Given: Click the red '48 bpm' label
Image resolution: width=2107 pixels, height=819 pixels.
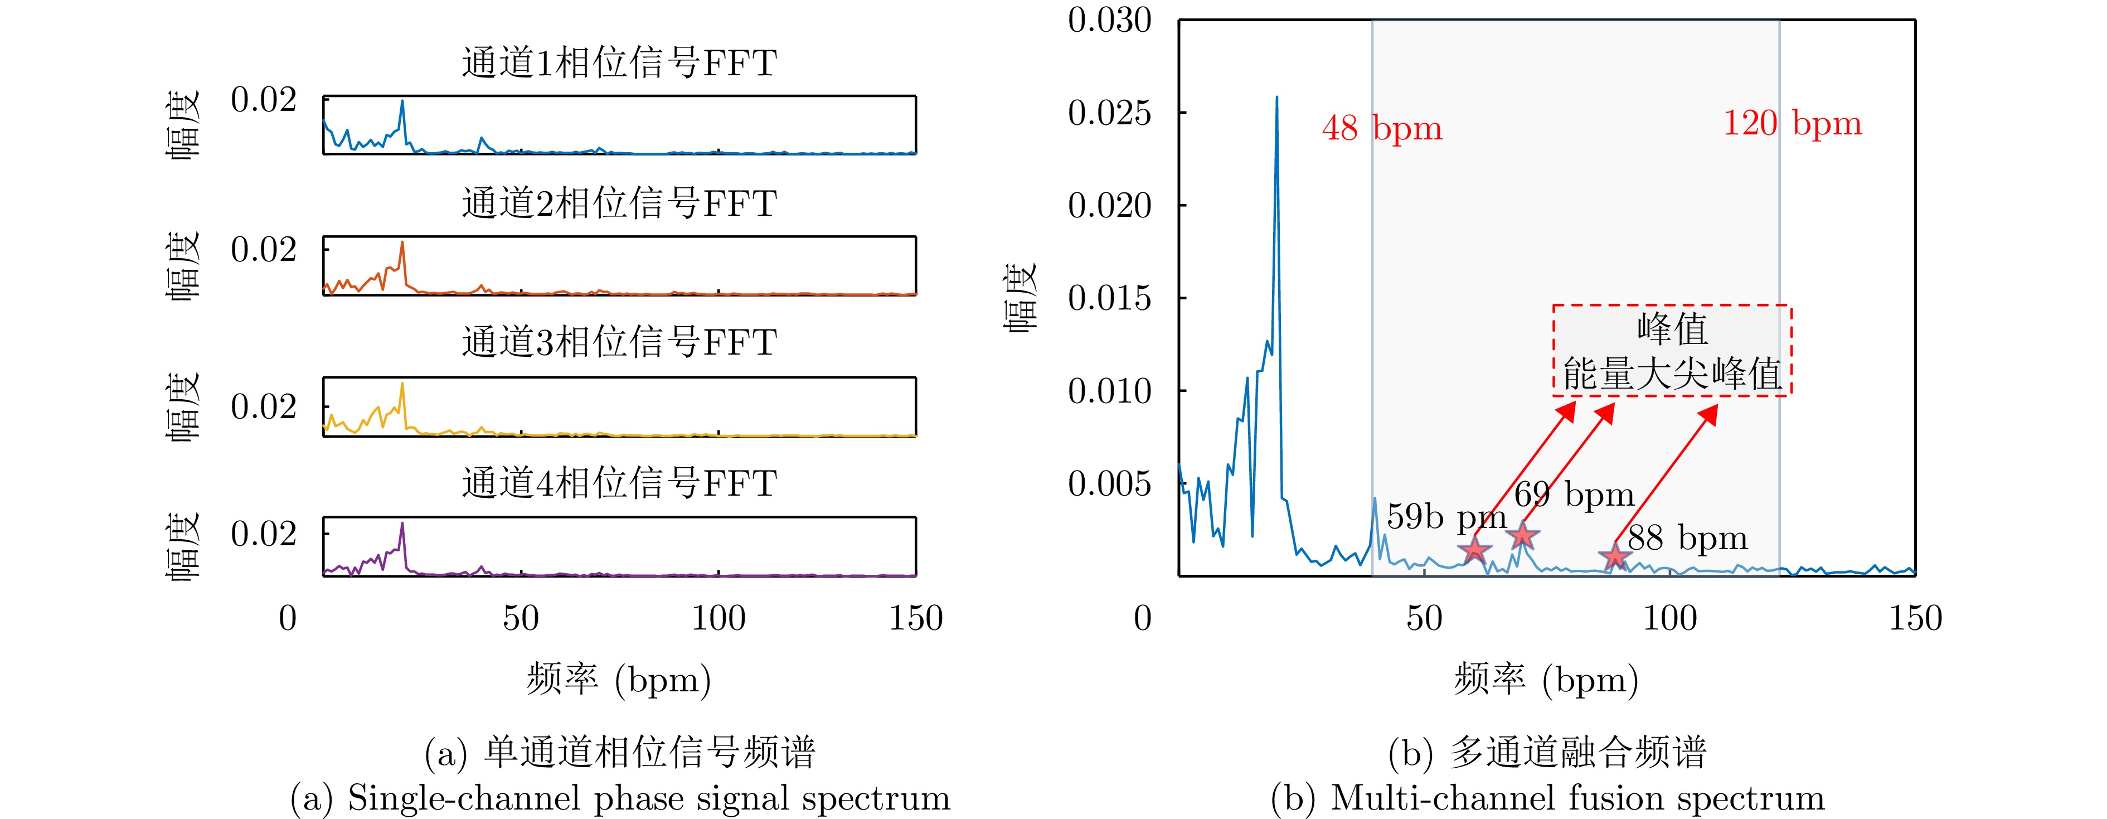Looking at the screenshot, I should pos(1381,128).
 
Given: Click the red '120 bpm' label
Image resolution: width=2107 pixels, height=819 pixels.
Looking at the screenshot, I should pos(1792,124).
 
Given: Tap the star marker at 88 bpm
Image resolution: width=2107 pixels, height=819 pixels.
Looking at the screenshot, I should pos(1615,556).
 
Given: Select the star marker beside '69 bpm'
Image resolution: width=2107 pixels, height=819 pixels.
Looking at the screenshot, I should pos(1522,536).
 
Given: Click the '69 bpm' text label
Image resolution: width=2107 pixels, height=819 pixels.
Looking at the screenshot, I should pos(1574,494).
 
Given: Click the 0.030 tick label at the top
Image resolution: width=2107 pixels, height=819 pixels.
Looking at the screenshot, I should pos(1109,21).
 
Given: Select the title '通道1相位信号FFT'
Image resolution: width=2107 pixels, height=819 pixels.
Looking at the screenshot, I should pos(619,63).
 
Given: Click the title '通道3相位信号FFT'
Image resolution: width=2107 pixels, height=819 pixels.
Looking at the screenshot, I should pos(619,342).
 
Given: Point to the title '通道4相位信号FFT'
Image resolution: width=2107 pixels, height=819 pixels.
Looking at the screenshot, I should pos(619,483).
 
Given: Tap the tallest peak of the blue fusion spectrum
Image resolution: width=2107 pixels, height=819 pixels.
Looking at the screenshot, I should pos(1277,98).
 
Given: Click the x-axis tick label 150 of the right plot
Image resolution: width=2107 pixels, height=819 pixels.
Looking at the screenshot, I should pos(1915,618).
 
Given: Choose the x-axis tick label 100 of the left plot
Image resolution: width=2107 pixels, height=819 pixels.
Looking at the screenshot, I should pos(718,618).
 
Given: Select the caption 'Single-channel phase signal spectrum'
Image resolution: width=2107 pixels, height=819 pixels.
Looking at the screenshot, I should pos(620,798).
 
